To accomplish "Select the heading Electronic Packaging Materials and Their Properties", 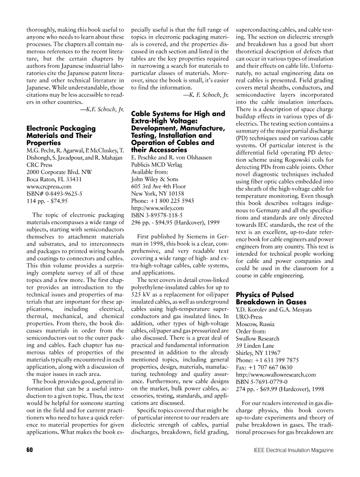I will (x=61, y=135).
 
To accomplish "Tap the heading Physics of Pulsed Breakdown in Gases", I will (x=271, y=298).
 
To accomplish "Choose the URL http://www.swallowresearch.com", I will (x=276, y=375).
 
